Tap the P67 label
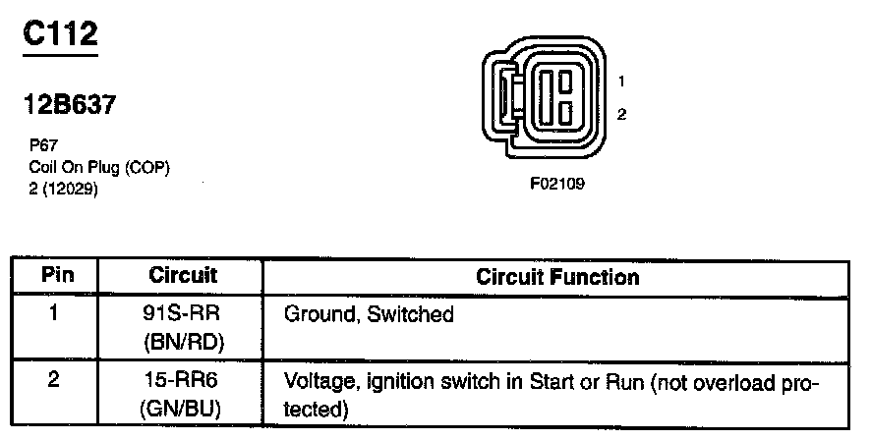click(43, 142)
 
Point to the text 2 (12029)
click(65, 189)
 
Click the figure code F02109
click(557, 184)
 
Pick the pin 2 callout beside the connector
click(621, 114)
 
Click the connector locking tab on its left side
click(503, 98)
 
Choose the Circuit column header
click(183, 276)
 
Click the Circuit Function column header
click(557, 277)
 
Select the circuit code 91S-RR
click(183, 315)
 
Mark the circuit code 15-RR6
click(183, 381)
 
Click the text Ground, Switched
click(369, 316)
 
